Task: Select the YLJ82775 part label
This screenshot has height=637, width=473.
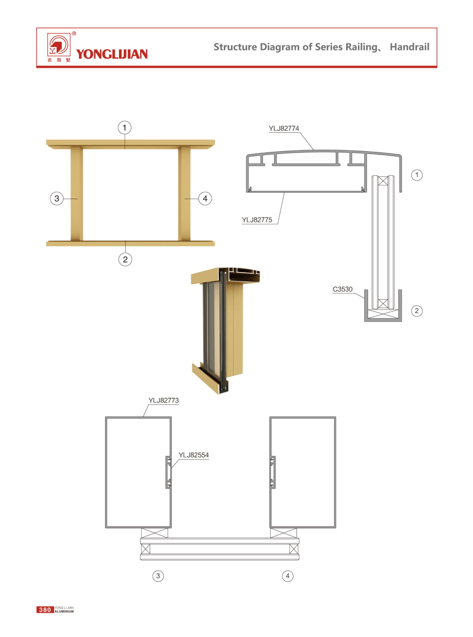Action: tap(257, 220)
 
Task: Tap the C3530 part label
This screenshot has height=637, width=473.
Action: tap(342, 289)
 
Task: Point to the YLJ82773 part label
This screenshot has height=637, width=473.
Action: tap(163, 400)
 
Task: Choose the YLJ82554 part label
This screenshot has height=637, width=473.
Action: tap(193, 455)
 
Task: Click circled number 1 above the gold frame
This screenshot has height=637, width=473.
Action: tap(125, 127)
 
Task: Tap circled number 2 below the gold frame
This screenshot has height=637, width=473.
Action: tap(125, 259)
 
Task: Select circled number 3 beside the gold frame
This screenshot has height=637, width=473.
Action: tap(57, 198)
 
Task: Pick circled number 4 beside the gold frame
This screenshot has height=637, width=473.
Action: tap(205, 198)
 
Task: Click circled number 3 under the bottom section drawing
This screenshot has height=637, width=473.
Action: tap(158, 576)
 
